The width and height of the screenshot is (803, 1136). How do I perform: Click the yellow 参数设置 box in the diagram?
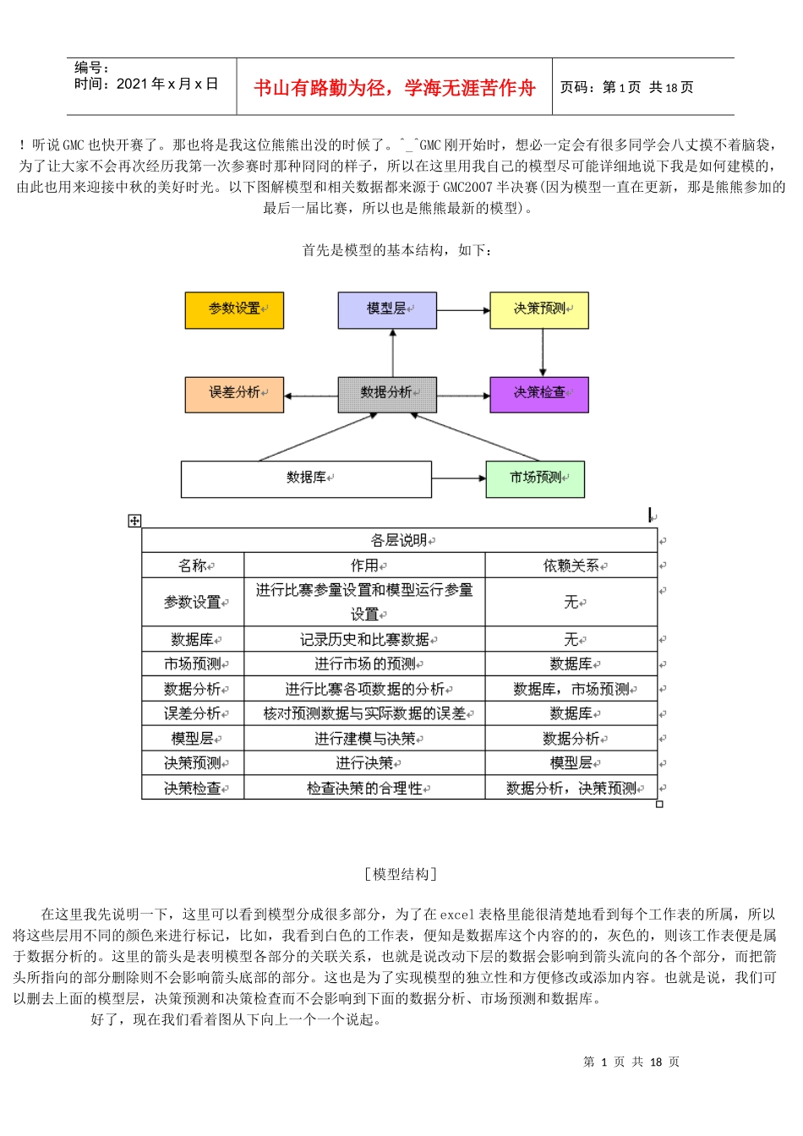point(234,310)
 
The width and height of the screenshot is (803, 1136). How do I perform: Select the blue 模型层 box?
point(387,310)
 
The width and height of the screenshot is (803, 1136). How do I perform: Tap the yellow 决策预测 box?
point(539,310)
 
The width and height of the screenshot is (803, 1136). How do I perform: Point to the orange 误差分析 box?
point(234,395)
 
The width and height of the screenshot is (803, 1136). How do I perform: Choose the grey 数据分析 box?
point(387,395)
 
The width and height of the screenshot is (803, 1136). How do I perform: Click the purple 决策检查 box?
point(539,395)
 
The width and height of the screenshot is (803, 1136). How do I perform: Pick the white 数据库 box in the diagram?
point(306,479)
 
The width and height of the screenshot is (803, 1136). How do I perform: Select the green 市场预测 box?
point(535,479)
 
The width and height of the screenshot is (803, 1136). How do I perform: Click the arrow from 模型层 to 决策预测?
point(463,310)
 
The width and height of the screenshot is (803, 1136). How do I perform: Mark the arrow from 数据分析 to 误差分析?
point(310,396)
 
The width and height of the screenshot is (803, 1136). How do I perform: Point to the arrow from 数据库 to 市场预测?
point(459,479)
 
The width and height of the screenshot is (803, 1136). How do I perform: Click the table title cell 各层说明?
point(400,540)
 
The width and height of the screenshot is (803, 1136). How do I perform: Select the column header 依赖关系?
point(571,565)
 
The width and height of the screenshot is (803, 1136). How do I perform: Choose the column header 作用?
point(364,565)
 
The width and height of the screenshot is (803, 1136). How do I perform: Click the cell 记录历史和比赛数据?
point(364,640)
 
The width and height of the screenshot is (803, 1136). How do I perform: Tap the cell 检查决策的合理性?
point(364,789)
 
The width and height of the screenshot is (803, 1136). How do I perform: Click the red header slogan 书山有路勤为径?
point(395,88)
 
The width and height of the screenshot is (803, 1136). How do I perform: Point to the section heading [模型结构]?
point(401,874)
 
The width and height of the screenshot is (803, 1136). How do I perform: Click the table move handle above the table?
point(134,521)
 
